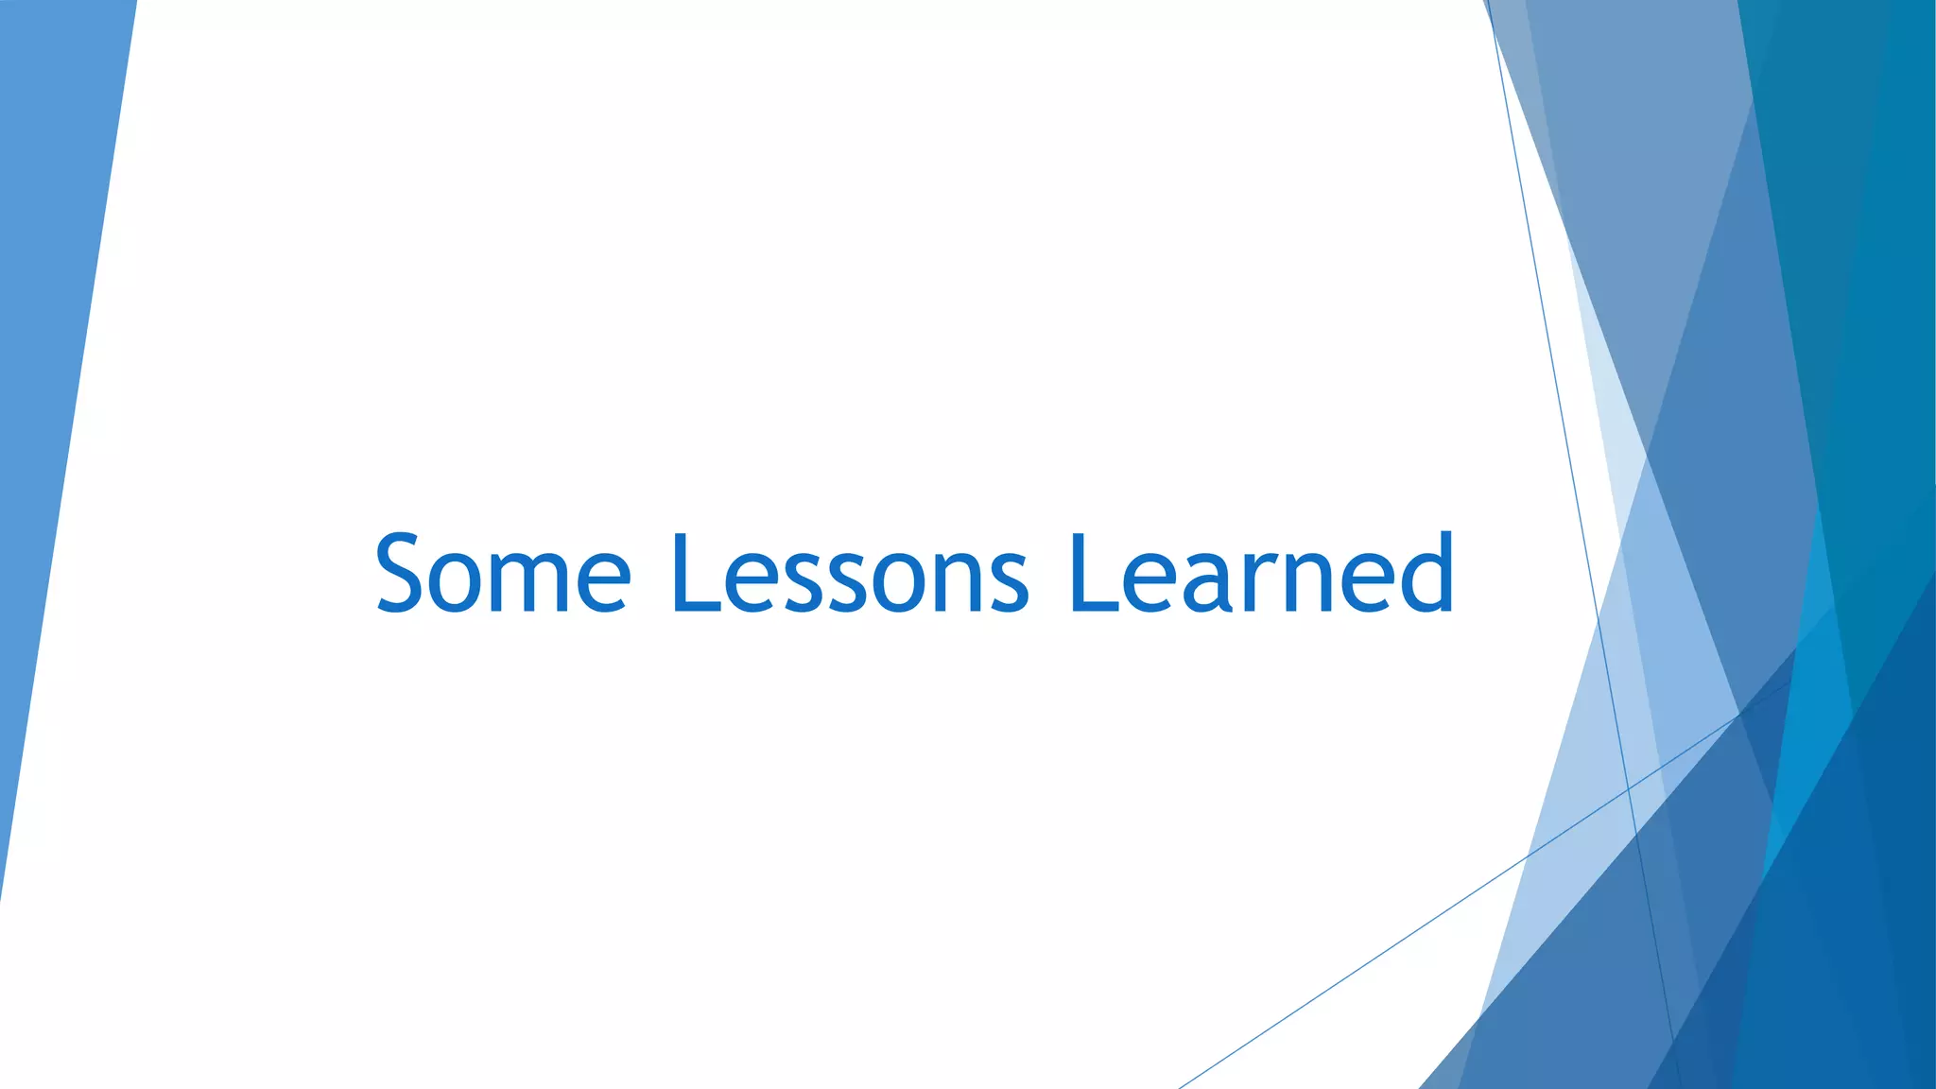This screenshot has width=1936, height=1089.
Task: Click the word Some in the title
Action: tap(503, 573)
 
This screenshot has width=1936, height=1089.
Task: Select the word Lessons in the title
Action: tap(849, 573)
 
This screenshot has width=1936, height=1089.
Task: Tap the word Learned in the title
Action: tap(1261, 573)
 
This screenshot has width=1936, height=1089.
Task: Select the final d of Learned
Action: tap(1425, 573)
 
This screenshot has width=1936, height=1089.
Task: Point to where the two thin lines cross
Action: tap(1628, 786)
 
